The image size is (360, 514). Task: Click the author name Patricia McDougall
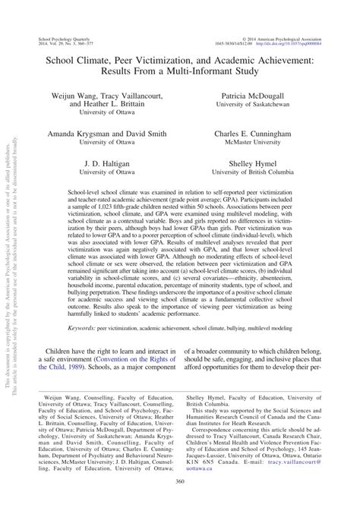pos(264,98)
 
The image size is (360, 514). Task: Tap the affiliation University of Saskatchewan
pos(264,108)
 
